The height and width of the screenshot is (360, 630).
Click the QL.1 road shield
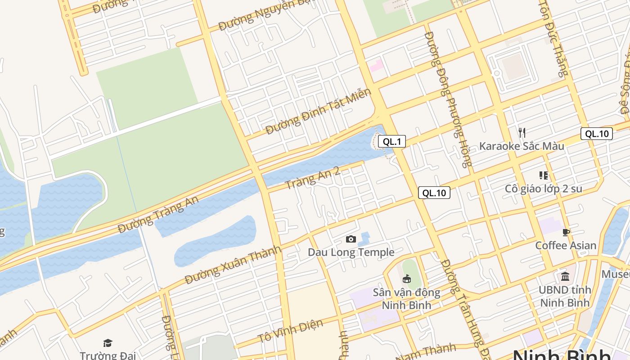pos(391,142)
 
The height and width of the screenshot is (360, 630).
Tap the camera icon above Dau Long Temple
pos(351,239)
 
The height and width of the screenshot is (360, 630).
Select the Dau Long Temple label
pos(351,252)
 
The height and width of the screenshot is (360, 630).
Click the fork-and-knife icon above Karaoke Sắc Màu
pos(522,132)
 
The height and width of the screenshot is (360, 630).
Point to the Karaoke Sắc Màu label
pos(521,146)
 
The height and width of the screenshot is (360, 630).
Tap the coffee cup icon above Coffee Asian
pos(566,232)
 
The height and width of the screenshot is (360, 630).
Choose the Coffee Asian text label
pos(566,246)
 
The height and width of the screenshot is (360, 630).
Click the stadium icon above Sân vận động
pos(407,279)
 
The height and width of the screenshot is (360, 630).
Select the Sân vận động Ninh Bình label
pos(406,299)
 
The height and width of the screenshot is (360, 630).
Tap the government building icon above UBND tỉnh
pos(565,276)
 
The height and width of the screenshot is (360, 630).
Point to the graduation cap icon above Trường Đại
pos(108,343)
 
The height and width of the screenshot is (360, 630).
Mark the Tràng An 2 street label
pos(312,178)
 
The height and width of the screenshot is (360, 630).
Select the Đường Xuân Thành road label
pos(233,265)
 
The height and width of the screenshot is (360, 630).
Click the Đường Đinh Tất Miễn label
pos(318,111)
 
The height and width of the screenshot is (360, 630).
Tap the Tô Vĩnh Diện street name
pos(290,331)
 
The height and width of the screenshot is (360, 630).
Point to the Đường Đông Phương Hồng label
pos(448,99)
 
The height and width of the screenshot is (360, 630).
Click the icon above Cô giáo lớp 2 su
pos(543,175)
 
